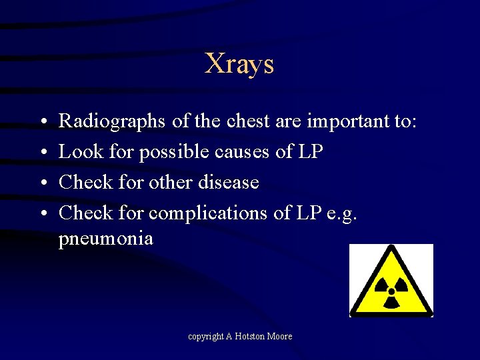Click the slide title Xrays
(239, 64)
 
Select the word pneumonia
(105, 239)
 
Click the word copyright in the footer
(205, 337)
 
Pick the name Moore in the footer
(280, 337)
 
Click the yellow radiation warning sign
(391, 281)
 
